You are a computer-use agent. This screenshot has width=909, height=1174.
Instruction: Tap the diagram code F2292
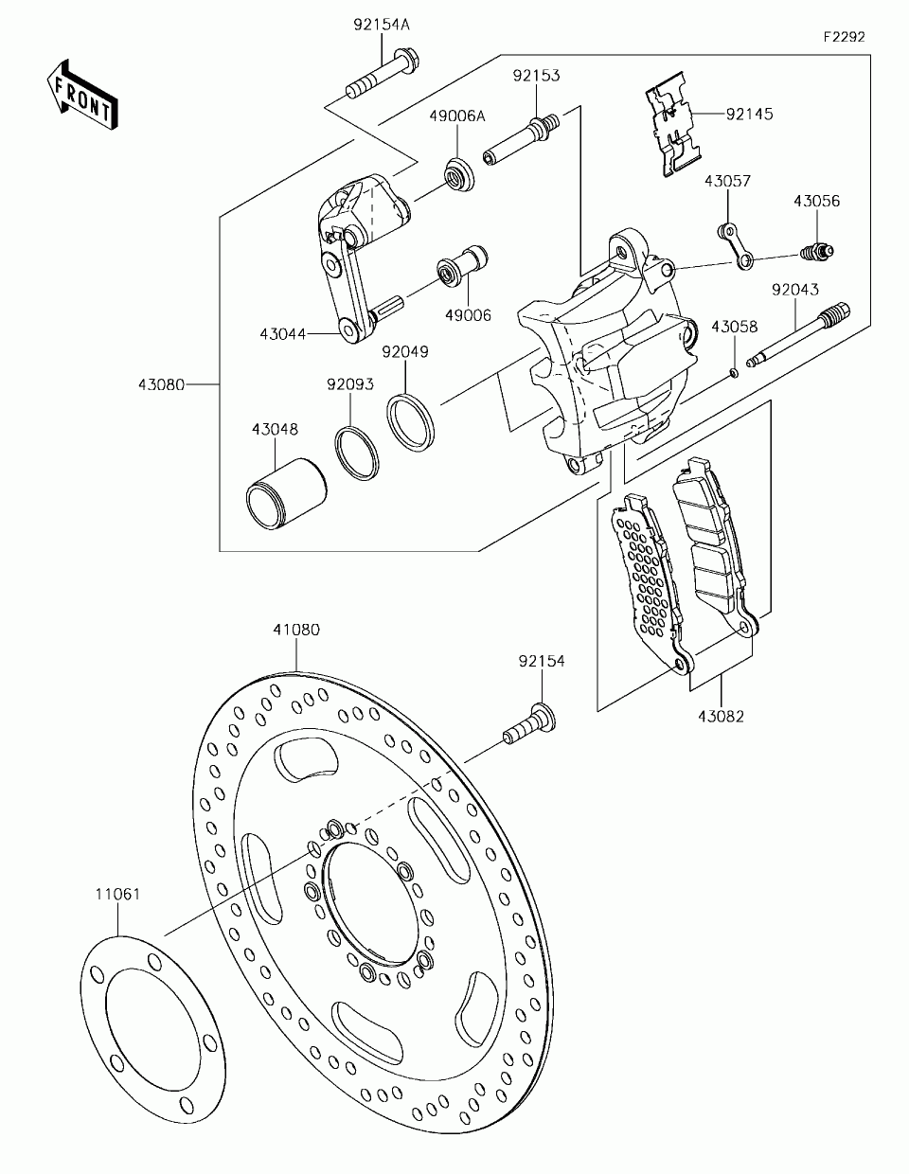(845, 37)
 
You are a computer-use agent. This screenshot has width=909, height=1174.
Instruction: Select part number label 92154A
(382, 26)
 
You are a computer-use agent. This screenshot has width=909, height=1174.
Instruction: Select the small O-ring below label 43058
(734, 371)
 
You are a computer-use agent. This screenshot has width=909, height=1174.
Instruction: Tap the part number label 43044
(282, 333)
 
